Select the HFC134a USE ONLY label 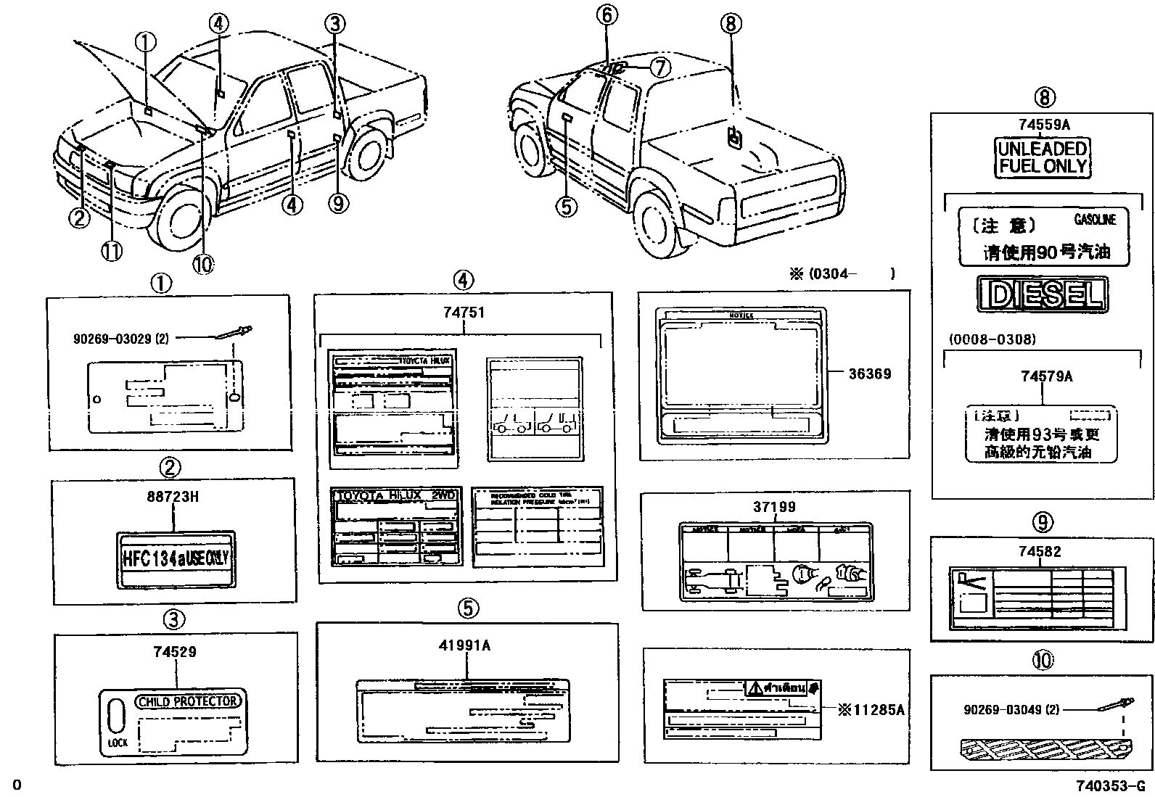point(176,558)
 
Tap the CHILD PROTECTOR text point(188,701)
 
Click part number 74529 point(174,652)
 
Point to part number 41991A point(464,645)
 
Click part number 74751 point(464,313)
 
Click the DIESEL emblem point(1042,294)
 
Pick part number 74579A point(1046,376)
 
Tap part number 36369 point(870,374)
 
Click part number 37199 point(774,508)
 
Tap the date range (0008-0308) point(992,339)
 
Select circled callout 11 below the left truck point(111,252)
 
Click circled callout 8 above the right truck point(731,24)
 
